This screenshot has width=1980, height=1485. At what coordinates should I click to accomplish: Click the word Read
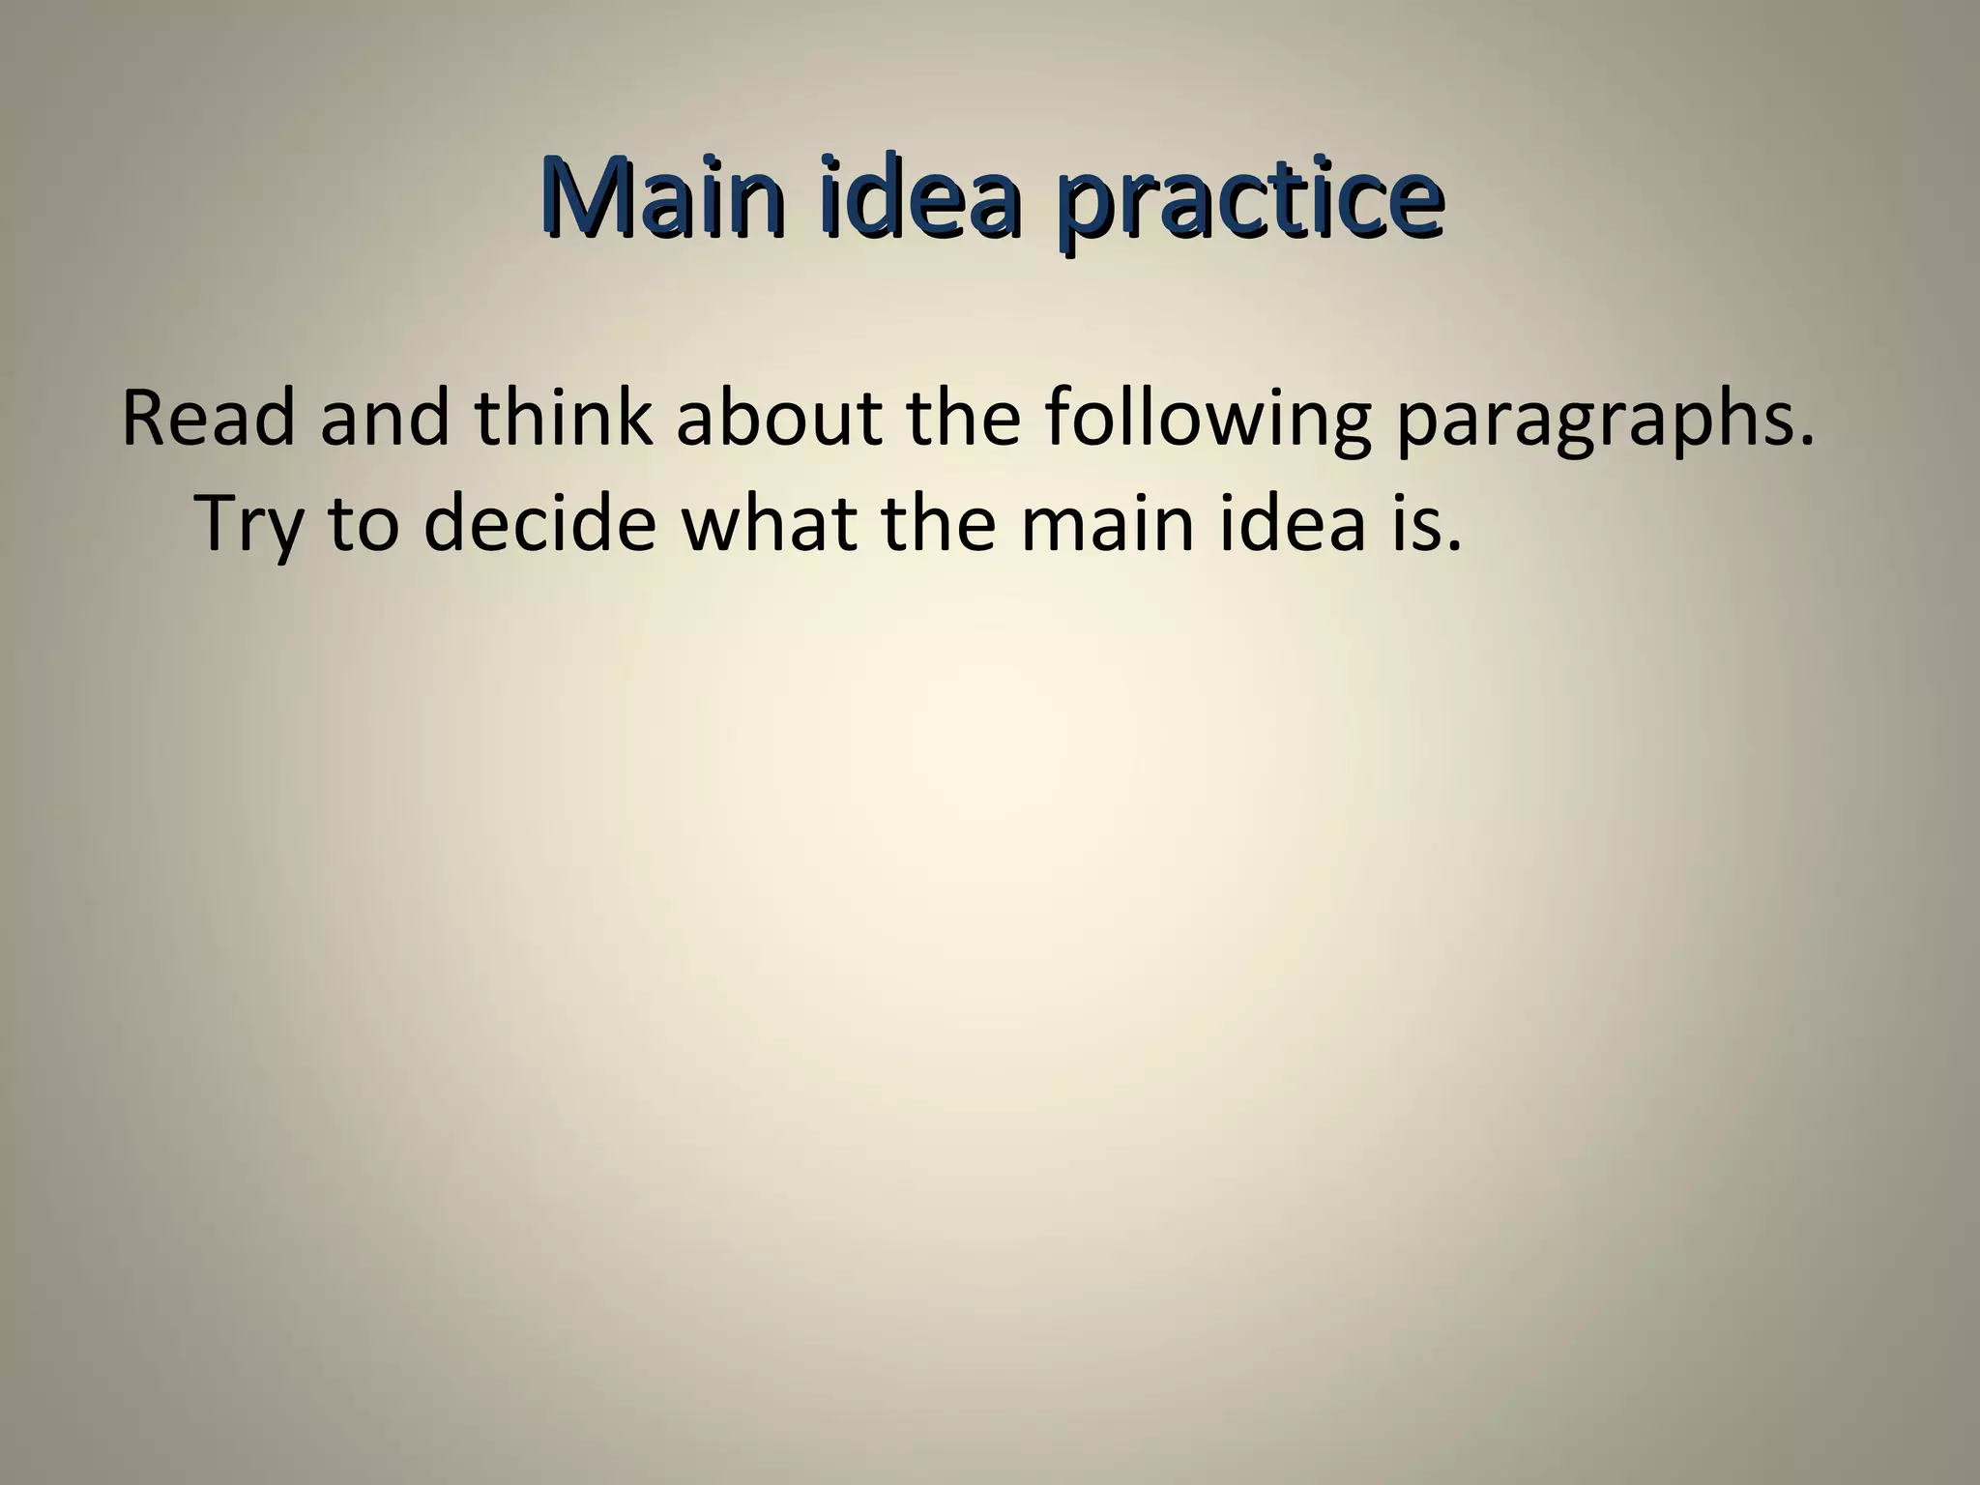point(208,419)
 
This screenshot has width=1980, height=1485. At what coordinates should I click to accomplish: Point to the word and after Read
point(385,419)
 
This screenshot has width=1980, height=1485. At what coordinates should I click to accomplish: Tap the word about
point(778,419)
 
